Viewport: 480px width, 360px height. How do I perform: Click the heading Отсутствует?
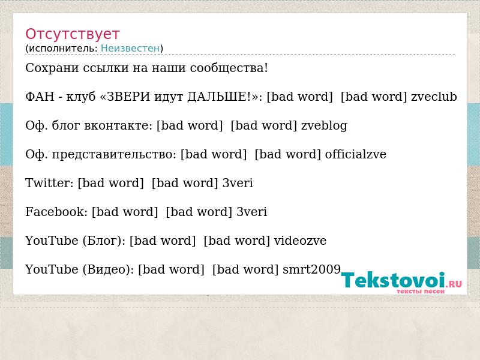72,34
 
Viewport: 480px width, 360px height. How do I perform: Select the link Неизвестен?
130,49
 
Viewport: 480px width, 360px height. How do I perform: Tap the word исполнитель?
63,49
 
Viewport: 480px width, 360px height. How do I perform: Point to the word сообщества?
229,68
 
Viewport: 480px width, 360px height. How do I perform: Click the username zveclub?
434,97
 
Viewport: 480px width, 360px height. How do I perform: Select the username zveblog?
324,125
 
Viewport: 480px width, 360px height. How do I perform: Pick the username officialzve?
355,154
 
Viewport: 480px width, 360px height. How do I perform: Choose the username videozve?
300,241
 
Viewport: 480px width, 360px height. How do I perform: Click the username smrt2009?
311,269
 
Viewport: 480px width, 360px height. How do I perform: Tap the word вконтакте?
118,125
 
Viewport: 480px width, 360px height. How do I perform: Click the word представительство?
114,154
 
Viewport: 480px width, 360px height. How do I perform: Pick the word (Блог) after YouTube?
104,241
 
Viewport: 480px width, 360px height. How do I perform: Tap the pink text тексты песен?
421,292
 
